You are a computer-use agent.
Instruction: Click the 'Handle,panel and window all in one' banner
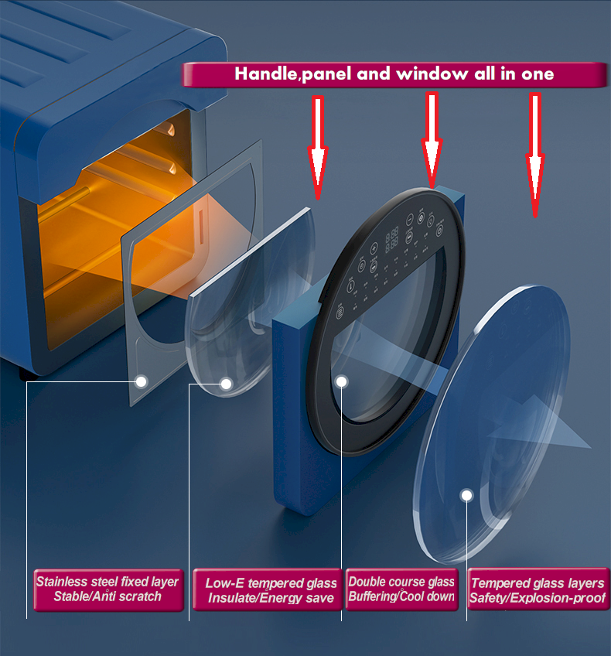click(394, 74)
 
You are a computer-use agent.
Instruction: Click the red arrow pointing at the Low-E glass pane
click(317, 147)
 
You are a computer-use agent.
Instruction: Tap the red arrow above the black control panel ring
click(432, 139)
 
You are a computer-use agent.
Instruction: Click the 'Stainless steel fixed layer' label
click(108, 589)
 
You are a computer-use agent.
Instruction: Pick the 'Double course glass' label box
click(401, 589)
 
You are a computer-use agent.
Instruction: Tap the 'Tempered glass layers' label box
click(538, 591)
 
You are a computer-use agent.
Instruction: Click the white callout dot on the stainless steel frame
click(142, 381)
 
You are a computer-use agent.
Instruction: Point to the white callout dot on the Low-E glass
click(227, 383)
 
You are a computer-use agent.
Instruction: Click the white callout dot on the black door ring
click(342, 381)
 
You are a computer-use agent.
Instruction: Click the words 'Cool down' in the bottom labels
click(432, 597)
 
